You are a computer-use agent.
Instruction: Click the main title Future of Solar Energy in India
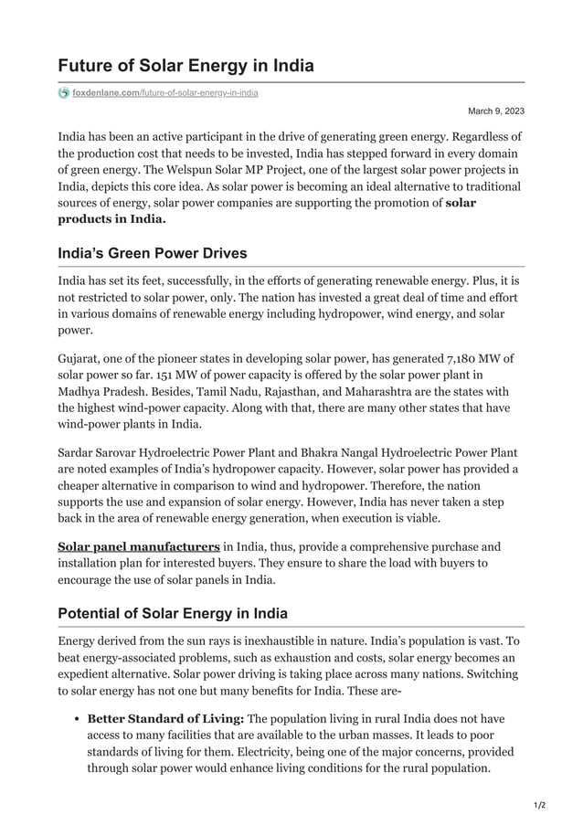click(x=185, y=66)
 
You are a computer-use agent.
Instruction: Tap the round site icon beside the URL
click(x=63, y=93)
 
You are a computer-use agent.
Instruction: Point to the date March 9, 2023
click(x=496, y=111)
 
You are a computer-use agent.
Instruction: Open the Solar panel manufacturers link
click(x=139, y=546)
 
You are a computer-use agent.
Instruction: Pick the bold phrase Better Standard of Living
click(x=164, y=719)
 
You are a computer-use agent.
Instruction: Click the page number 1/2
click(x=538, y=805)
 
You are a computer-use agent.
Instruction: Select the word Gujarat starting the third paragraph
click(x=80, y=357)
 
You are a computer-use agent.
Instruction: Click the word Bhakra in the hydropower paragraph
click(x=340, y=453)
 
